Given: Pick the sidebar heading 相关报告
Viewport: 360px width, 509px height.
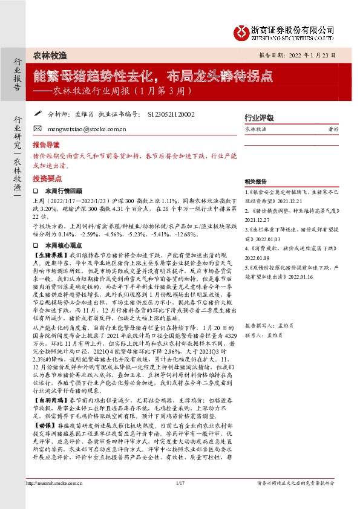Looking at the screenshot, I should coord(256,181).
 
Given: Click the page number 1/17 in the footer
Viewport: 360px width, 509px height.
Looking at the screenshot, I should coord(179,499).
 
